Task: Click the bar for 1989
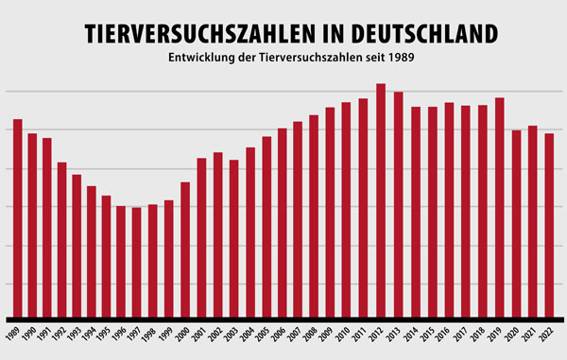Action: tap(17, 218)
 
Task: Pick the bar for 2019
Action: tap(499, 207)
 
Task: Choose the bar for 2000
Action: tap(185, 249)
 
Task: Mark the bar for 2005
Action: tap(266, 227)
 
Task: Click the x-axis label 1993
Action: tap(76, 333)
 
